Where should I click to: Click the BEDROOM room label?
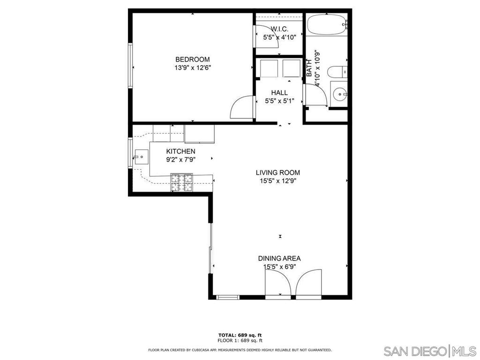click(192, 60)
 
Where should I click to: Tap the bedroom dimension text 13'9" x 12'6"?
click(193, 67)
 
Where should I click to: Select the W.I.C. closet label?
click(279, 29)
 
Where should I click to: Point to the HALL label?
click(279, 92)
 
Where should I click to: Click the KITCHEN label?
click(180, 151)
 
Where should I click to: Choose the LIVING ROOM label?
click(278, 172)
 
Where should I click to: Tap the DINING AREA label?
click(279, 258)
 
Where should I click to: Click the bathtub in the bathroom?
click(328, 25)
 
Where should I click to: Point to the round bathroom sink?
click(340, 94)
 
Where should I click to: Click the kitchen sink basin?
click(141, 157)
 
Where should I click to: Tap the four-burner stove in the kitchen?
click(182, 183)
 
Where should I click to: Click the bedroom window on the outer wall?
click(130, 66)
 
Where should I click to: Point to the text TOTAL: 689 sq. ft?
click(240, 335)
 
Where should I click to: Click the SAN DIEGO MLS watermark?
click(430, 351)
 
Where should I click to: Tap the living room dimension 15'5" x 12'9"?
click(278, 181)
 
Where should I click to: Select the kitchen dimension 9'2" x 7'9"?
click(180, 159)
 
